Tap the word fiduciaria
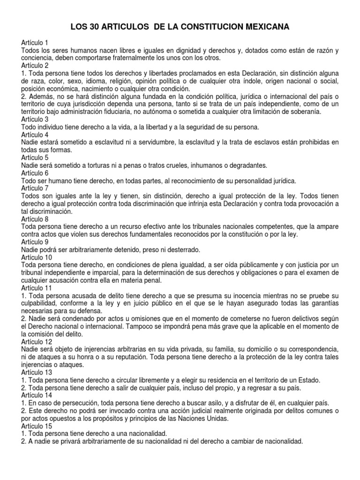tap(138, 112)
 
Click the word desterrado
tap(168, 250)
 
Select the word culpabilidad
tap(42, 303)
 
